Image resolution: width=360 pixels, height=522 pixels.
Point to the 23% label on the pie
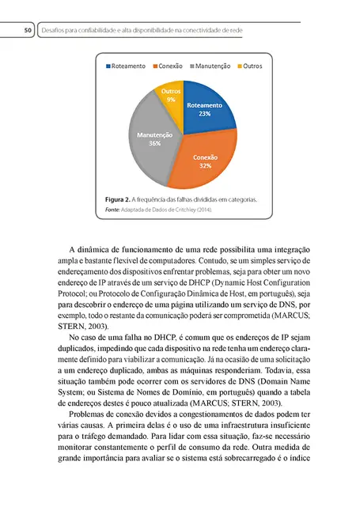point(204,114)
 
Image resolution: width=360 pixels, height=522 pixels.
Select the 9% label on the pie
point(172,100)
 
